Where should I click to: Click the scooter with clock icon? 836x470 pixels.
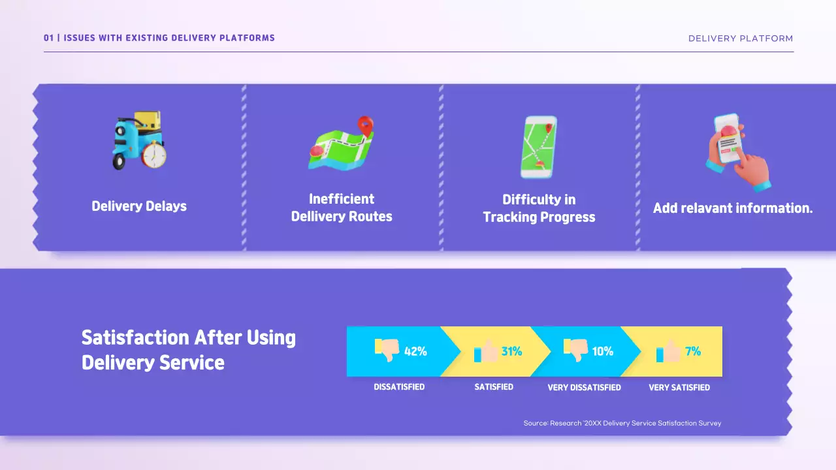[139, 140]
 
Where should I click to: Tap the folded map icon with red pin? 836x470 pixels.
[341, 144]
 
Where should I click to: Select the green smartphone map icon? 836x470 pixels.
[539, 147]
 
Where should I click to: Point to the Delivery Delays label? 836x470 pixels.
[139, 206]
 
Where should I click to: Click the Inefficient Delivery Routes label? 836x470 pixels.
[342, 208]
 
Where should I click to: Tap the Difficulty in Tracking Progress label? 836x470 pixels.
[539, 208]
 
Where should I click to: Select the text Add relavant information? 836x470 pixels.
[733, 208]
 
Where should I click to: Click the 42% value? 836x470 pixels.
[415, 351]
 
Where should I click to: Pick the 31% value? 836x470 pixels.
[511, 351]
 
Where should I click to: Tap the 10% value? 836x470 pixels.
[602, 351]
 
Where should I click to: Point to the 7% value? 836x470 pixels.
[693, 351]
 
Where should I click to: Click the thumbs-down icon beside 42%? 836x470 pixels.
[387, 350]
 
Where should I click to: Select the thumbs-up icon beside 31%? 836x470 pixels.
[486, 351]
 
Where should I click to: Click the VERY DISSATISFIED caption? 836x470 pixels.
[584, 388]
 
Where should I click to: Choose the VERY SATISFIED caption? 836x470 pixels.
[679, 388]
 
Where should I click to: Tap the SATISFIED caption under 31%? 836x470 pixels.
[494, 387]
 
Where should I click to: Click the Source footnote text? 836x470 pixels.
[622, 424]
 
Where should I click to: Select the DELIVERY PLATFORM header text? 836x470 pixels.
[741, 39]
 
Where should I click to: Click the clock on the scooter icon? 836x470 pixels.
[155, 155]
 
